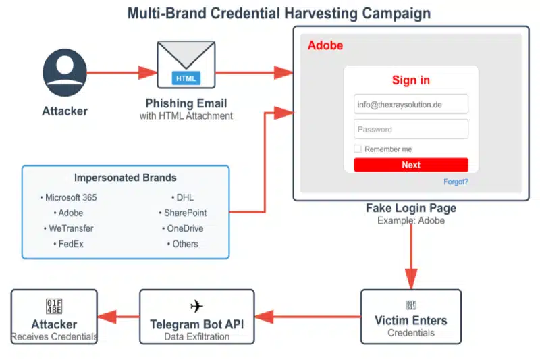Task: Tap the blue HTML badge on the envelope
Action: pyautogui.click(x=186, y=78)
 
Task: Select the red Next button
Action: pyautogui.click(x=410, y=165)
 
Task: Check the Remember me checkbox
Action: pyautogui.click(x=358, y=149)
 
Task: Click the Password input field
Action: pyautogui.click(x=410, y=129)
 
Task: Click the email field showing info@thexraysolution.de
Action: pyautogui.click(x=410, y=104)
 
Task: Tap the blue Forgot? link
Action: pyautogui.click(x=456, y=182)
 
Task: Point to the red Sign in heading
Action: pyautogui.click(x=410, y=80)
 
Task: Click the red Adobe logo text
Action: pyautogui.click(x=325, y=46)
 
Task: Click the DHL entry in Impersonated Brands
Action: pyautogui.click(x=184, y=197)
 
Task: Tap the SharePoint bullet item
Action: pyautogui.click(x=184, y=213)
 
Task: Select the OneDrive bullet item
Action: pyautogui.click(x=184, y=228)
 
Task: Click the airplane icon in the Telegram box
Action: pyautogui.click(x=196, y=306)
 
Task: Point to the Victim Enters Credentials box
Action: pyautogui.click(x=410, y=317)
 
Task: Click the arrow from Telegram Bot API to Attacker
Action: pyautogui.click(x=118, y=317)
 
